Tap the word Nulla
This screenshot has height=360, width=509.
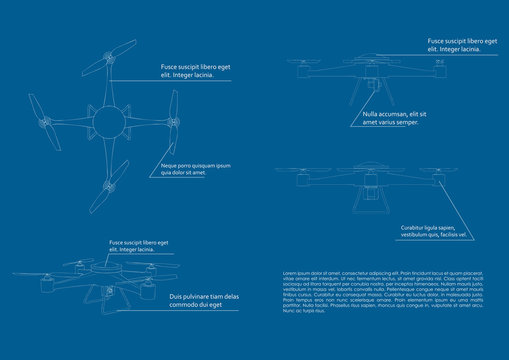pyautogui.click(x=373, y=115)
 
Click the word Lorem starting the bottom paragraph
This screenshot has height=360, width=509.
pyautogui.click(x=290, y=272)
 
